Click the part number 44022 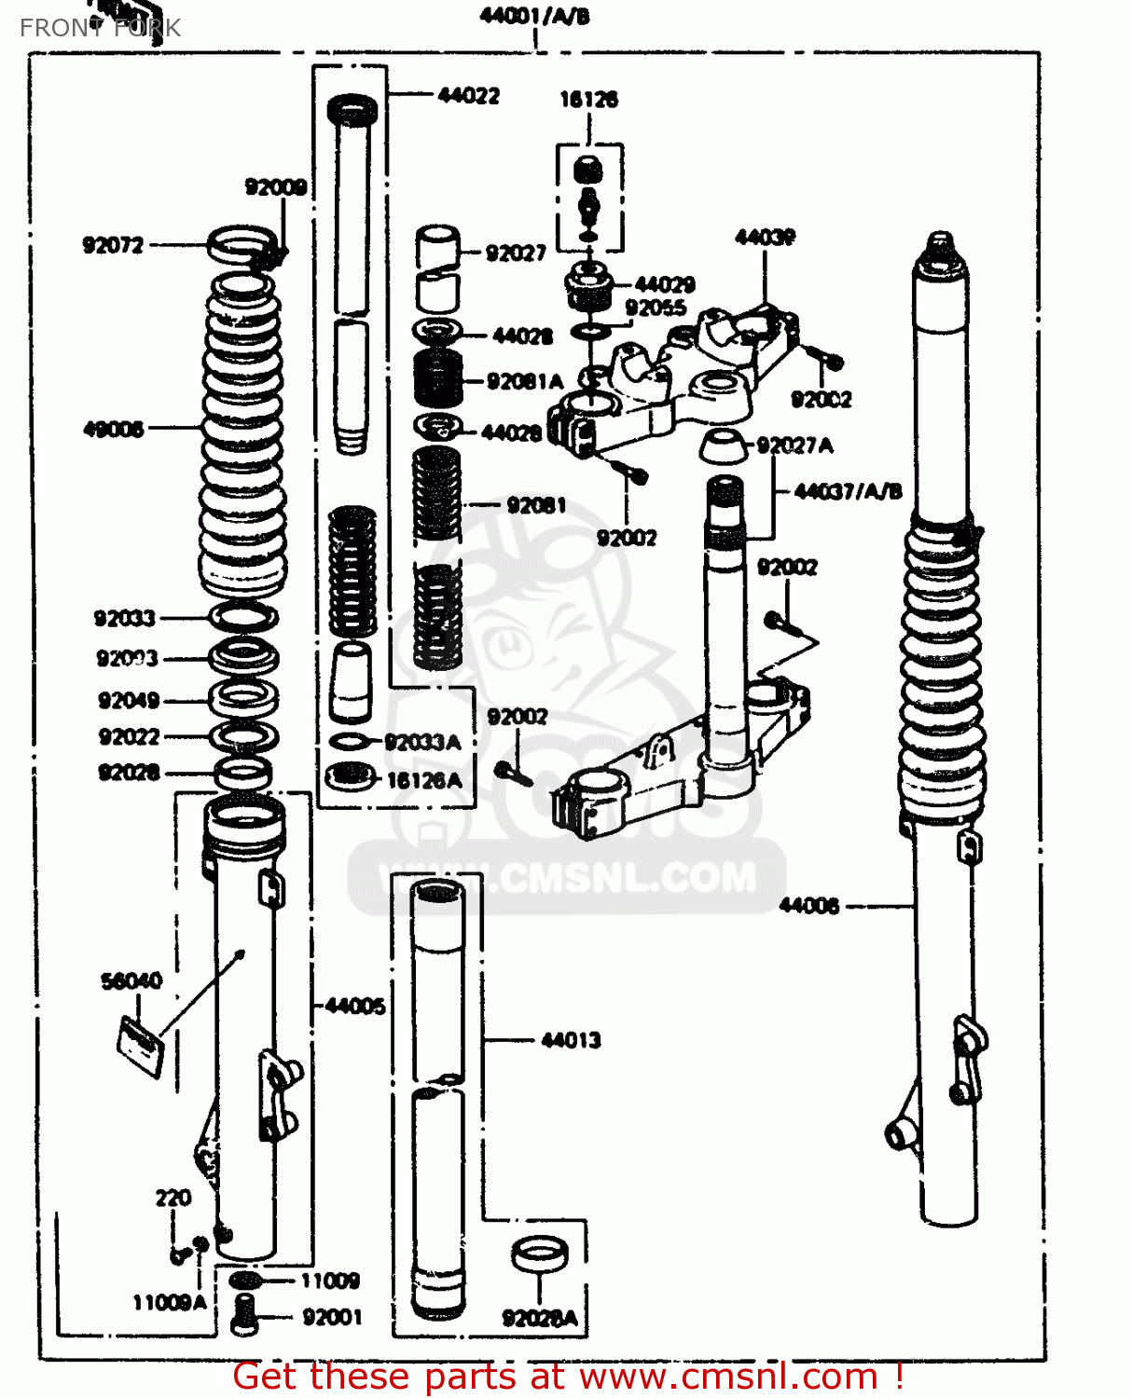pos(468,95)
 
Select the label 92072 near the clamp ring pos(113,245)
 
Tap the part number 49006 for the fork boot pos(113,429)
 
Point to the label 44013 pos(571,1040)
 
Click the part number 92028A pos(540,1318)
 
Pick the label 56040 pos(131,980)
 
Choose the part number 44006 pos(808,905)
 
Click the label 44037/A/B pos(848,491)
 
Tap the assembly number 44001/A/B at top pos(534,16)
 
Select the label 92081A pos(524,381)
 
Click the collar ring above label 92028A pos(540,1254)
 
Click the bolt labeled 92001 pos(243,1314)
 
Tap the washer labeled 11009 pos(244,1281)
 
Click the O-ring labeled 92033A pos(349,742)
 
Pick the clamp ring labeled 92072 pos(242,244)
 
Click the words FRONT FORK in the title pos(100,28)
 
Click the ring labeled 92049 pos(242,697)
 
